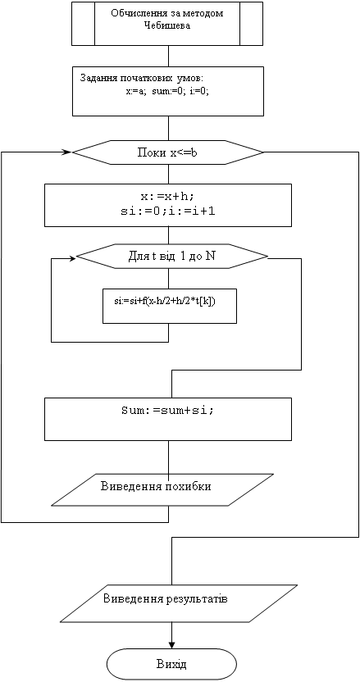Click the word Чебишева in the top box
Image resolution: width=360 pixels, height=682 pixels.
click(x=168, y=25)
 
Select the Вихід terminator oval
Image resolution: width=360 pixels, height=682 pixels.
click(x=172, y=665)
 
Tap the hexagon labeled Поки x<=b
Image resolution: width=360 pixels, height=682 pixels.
click(x=168, y=152)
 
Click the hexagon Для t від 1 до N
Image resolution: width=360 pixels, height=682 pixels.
click(x=172, y=257)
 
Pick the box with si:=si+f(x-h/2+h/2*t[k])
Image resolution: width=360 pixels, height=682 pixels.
click(x=170, y=306)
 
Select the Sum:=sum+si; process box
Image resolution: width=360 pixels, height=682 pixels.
click(x=168, y=420)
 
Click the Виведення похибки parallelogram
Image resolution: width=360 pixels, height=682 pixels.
click(x=162, y=489)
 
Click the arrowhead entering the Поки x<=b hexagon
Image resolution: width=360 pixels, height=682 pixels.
click(x=68, y=152)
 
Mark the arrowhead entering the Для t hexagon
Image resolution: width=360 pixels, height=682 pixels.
click(x=72, y=258)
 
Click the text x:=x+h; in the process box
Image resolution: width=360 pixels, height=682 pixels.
click(x=154, y=196)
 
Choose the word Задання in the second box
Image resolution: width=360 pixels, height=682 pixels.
click(x=94, y=79)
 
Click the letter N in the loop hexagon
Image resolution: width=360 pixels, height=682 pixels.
click(x=210, y=257)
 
